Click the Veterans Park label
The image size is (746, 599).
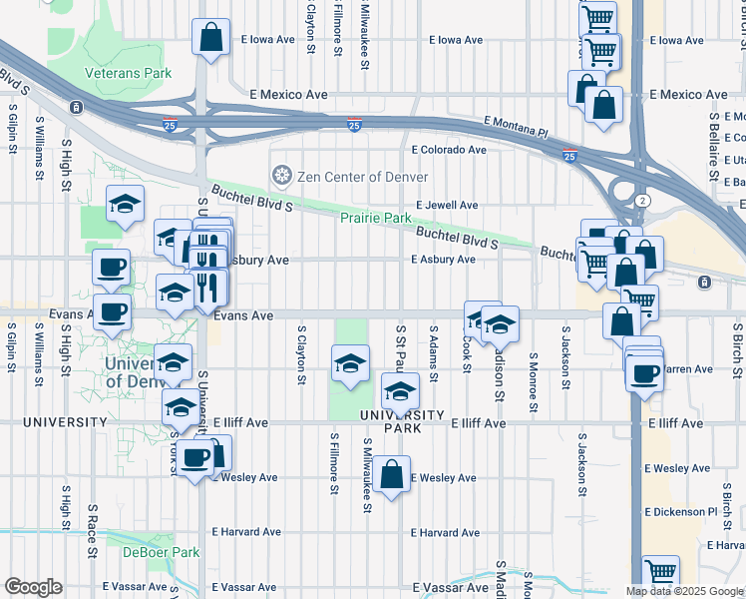click(x=128, y=73)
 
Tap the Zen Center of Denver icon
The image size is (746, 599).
click(x=281, y=177)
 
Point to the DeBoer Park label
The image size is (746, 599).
click(x=161, y=552)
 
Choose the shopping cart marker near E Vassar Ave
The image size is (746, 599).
click(x=660, y=572)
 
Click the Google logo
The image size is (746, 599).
click(x=33, y=587)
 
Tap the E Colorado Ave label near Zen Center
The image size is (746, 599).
click(x=449, y=150)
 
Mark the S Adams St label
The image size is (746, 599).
click(x=433, y=352)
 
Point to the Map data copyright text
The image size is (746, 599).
click(x=684, y=591)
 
